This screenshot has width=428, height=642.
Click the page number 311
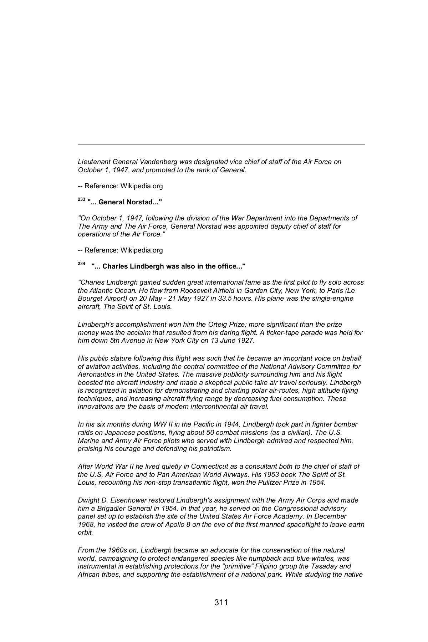221,602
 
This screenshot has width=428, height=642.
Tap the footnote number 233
81,200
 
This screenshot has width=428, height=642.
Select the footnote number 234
81,264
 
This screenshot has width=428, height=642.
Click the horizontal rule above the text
221,144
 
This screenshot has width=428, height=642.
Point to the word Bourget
90,299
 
